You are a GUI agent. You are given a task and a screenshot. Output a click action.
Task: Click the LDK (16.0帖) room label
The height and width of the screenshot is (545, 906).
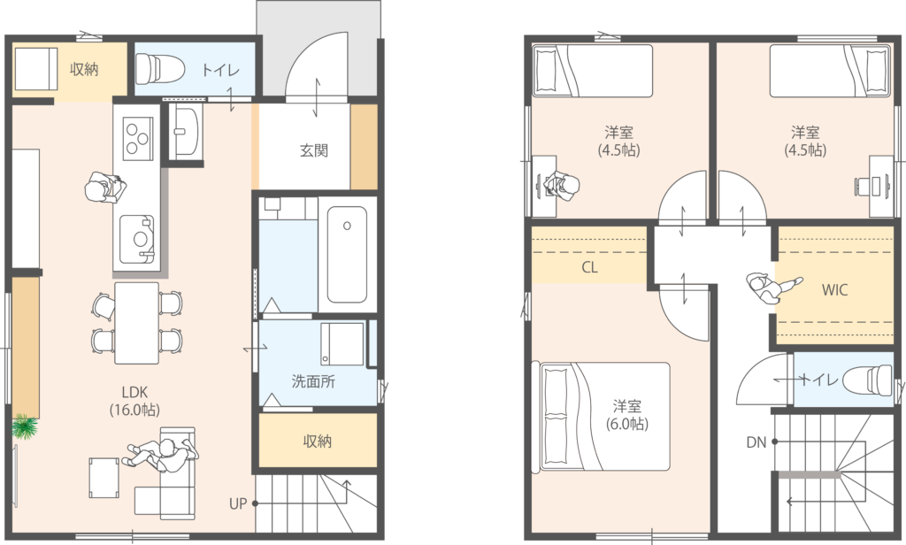134,401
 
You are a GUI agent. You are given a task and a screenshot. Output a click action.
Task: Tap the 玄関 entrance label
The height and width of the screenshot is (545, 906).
314,150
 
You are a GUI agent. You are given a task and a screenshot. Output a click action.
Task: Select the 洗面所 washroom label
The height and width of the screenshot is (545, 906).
313,381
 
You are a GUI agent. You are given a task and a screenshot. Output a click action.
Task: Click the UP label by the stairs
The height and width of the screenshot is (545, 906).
237,503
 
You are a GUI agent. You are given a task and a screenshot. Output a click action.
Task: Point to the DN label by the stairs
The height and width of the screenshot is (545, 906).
756,442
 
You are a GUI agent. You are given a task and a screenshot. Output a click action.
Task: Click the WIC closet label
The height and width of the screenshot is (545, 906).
835,289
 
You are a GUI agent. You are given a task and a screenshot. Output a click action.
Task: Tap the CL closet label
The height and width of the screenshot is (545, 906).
589,267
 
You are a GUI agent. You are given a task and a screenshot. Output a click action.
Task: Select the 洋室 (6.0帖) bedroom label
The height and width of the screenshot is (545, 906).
627,415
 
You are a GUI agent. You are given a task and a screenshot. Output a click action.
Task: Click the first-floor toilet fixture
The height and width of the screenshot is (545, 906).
159,68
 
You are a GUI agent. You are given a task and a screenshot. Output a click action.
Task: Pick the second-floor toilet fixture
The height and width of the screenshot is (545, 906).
868,380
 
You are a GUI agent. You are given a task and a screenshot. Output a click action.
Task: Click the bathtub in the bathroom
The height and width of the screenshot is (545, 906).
347,254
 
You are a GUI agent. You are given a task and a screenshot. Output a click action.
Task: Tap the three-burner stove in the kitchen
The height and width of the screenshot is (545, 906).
138,138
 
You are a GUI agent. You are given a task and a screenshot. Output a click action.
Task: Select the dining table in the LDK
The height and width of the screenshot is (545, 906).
136,323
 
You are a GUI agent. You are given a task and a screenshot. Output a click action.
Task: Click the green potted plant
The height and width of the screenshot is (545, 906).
25,427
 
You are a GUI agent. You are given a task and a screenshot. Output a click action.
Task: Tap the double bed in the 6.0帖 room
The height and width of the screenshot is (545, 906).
604,416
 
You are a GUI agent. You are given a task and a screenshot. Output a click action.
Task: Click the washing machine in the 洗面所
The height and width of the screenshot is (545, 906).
342,344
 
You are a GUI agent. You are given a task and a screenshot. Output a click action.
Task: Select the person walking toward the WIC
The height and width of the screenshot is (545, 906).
772,288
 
